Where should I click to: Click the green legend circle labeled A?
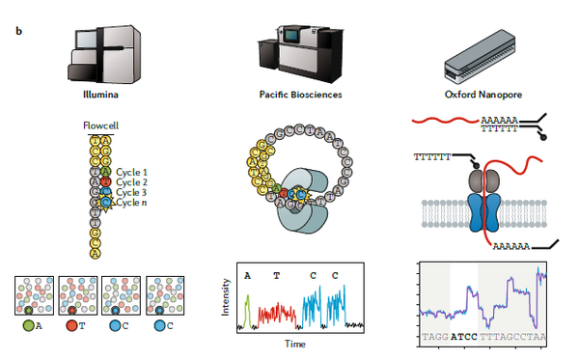point(28,326)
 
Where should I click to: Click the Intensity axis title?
point(228,297)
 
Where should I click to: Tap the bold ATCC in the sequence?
point(466,337)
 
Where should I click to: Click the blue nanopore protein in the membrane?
point(478,211)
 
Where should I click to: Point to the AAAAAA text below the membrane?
point(517,247)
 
